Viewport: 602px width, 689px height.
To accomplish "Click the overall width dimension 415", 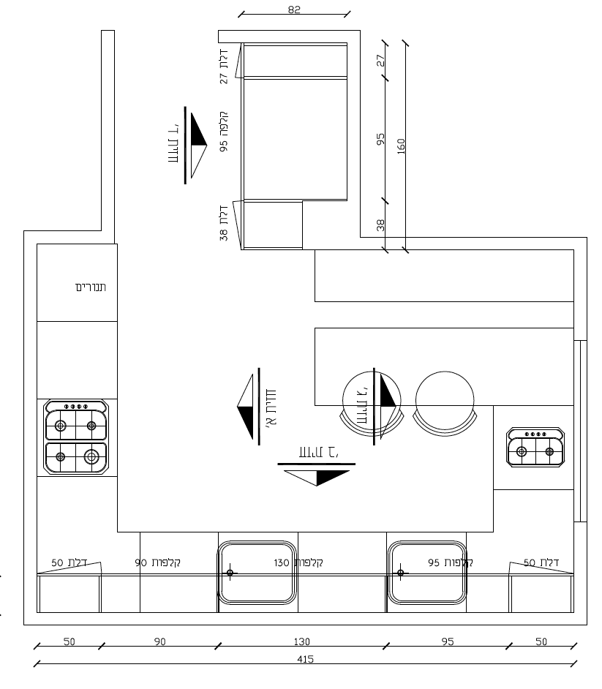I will point(306,659).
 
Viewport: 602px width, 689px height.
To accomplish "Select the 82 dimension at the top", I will point(294,10).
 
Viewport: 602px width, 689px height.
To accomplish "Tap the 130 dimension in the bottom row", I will point(301,641).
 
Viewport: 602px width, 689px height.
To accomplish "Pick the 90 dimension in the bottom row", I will point(159,641).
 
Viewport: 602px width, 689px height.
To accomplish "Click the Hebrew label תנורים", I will point(91,287).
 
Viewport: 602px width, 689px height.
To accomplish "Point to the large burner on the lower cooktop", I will point(91,457).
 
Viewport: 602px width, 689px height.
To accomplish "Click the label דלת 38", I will point(224,223).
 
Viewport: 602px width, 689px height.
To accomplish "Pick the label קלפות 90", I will point(158,563).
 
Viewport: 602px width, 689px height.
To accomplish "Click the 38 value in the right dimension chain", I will point(380,225).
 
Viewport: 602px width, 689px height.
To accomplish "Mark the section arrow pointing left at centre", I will point(247,407).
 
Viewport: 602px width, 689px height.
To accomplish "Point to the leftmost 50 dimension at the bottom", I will point(69,641).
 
